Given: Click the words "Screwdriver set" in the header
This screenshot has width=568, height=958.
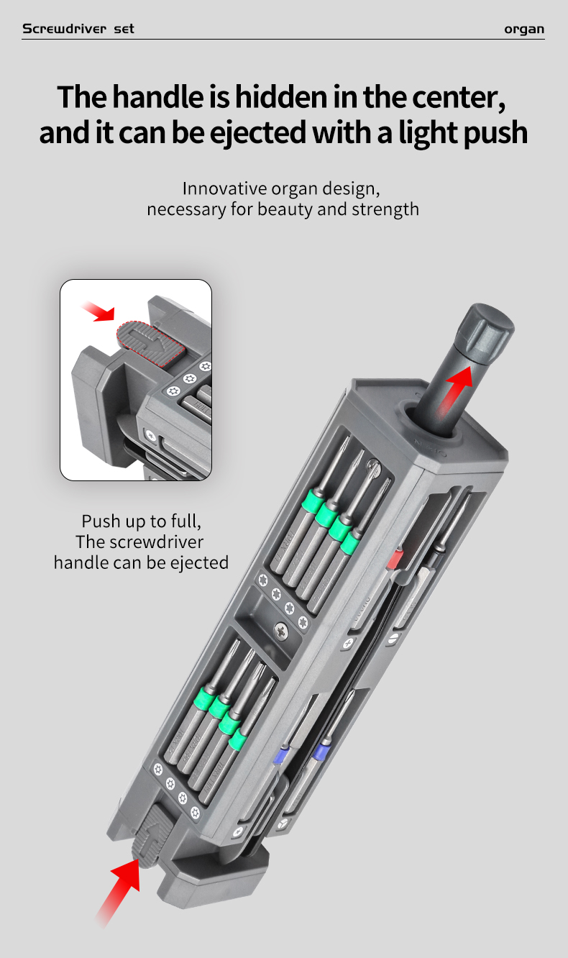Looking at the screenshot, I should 78,29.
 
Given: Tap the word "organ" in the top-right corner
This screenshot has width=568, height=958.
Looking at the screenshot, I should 523,29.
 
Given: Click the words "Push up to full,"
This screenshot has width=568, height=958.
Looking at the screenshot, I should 141,521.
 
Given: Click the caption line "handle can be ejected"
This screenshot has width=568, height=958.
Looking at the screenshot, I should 141,562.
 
